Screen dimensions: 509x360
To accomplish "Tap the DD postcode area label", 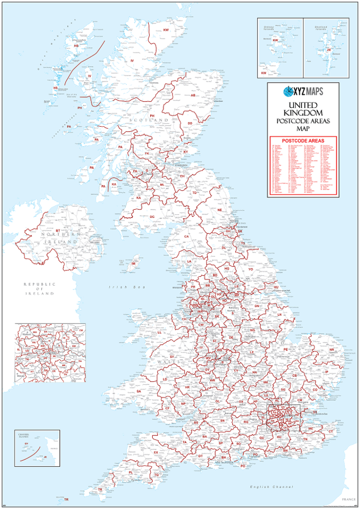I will click(190, 123).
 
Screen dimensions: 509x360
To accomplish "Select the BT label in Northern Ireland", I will click(58, 230).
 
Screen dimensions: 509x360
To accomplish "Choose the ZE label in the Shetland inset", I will click(329, 50).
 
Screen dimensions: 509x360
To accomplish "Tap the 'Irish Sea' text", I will click(119, 287).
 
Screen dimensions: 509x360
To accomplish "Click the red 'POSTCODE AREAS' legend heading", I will click(303, 141).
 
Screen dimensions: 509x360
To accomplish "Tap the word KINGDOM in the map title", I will click(303, 113).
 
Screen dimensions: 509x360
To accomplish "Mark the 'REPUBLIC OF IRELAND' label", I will click(39, 289).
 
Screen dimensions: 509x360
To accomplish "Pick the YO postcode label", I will click(251, 269).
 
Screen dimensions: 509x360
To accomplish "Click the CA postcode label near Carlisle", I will click(186, 237).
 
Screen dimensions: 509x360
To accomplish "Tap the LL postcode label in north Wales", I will click(160, 332).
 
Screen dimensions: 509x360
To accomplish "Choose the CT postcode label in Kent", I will click(331, 431).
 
